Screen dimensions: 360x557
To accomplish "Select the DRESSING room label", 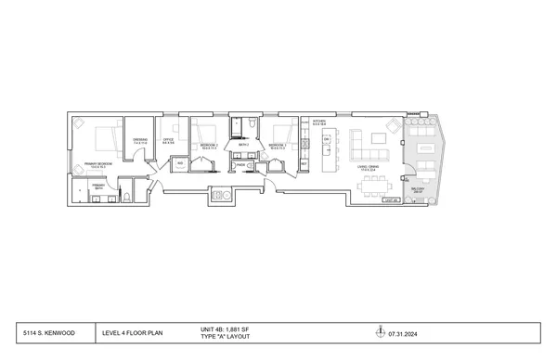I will (140, 142).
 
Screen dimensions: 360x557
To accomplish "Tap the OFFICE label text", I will (169, 142).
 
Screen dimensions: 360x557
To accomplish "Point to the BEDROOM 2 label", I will (208, 146).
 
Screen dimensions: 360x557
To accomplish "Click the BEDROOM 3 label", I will (276, 146).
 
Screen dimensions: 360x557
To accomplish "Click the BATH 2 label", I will (243, 145).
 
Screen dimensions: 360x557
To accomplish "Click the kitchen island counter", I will (327, 150).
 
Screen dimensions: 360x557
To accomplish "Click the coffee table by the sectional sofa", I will (380, 139).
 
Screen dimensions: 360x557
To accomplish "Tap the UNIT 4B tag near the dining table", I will (392, 200).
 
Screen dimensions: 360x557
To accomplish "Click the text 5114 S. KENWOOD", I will (50, 331).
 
